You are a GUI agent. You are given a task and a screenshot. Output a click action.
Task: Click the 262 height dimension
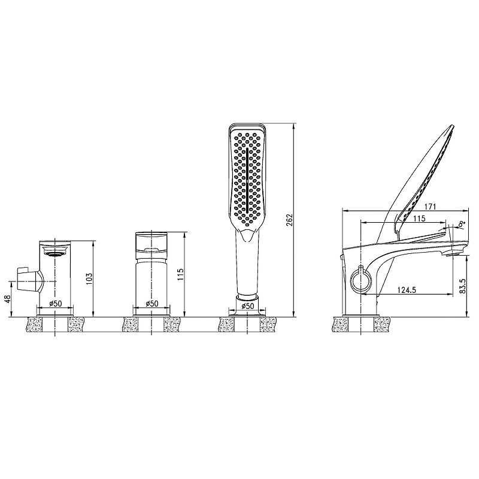click(x=290, y=220)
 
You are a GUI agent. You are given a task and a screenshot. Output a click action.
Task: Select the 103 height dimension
click(x=89, y=278)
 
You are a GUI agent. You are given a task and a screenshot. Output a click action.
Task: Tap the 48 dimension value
click(x=8, y=298)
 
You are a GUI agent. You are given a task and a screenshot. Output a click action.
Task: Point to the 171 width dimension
click(x=430, y=207)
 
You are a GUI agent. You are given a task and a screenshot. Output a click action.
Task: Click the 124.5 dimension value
click(x=407, y=290)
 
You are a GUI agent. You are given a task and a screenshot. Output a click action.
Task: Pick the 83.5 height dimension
click(x=463, y=286)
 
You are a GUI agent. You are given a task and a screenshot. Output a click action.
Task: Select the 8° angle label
click(x=462, y=224)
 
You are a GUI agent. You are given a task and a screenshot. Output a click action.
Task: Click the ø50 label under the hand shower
click(x=247, y=306)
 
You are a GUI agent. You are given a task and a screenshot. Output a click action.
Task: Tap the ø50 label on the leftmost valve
click(x=56, y=304)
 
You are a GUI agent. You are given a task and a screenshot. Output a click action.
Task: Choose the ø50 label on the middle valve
click(x=152, y=304)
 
